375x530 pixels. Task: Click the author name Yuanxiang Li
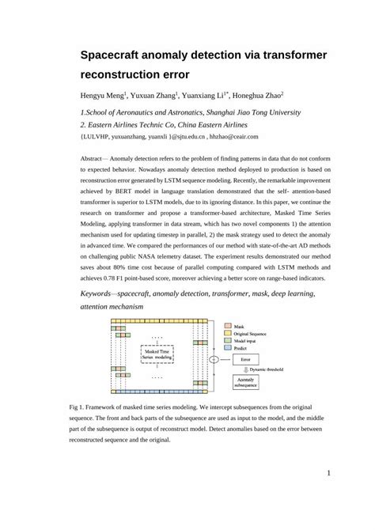coord(206,96)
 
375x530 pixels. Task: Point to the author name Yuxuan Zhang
coord(155,96)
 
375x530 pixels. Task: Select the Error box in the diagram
coord(245,358)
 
